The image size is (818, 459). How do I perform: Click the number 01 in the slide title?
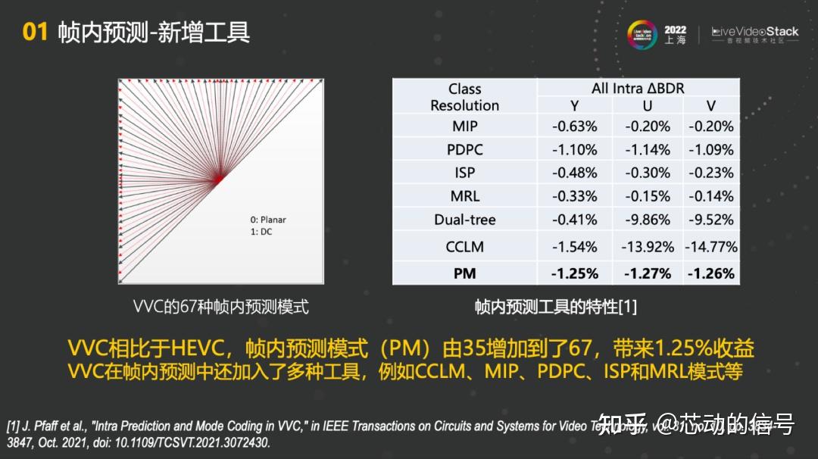coord(35,32)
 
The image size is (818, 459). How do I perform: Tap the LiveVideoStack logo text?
coord(755,32)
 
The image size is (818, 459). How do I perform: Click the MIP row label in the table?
coord(464,126)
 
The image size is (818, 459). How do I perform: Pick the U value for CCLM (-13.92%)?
coord(648,246)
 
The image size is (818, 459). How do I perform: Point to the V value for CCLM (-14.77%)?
coord(710,246)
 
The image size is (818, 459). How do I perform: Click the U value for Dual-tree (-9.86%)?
coord(648,220)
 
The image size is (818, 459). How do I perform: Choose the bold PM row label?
coord(464,273)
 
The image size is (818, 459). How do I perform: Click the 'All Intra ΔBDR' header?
coord(637,89)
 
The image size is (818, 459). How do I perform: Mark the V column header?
coord(710,106)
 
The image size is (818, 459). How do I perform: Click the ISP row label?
coord(464,173)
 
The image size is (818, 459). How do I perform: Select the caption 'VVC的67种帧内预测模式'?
coord(220,307)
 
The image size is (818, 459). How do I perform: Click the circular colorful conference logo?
coord(642,35)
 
